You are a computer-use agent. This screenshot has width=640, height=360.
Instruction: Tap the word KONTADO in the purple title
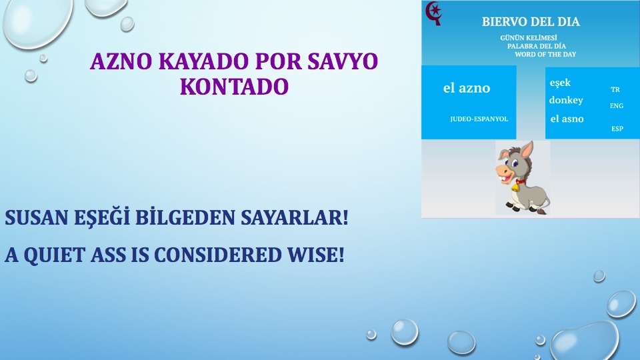[x=234, y=87]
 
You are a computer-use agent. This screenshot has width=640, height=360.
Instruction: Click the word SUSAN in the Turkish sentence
[x=36, y=217]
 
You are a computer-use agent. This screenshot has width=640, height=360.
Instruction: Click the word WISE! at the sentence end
[x=316, y=255]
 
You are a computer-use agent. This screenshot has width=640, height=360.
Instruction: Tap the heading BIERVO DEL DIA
[x=531, y=21]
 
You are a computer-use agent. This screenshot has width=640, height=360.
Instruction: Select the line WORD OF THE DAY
[x=545, y=54]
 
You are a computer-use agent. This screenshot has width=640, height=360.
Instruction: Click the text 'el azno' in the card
[x=467, y=88]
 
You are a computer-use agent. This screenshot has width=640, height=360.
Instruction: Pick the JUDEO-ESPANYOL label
[x=479, y=119]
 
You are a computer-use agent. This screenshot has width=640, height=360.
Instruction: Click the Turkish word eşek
[x=560, y=83]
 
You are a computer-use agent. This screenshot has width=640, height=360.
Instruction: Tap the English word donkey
[x=566, y=100]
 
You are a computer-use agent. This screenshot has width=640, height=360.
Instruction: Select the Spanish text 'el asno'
[x=567, y=119]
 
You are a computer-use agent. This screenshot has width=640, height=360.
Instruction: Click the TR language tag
[x=615, y=89]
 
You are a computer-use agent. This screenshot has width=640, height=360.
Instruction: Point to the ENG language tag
[x=616, y=106]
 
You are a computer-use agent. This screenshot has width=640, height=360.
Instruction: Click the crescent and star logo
[x=433, y=13]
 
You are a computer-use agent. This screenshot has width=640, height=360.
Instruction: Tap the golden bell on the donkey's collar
[x=515, y=187]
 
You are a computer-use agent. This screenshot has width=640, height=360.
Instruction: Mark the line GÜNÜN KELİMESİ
[x=529, y=38]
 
